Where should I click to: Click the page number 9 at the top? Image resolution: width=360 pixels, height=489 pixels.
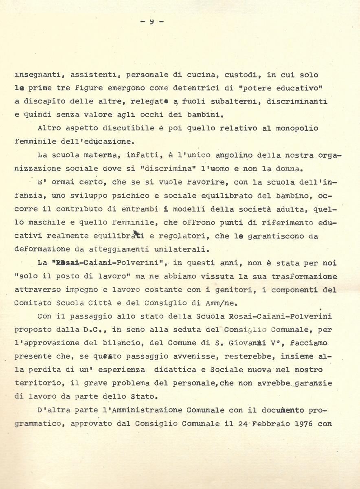[x=151, y=22]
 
